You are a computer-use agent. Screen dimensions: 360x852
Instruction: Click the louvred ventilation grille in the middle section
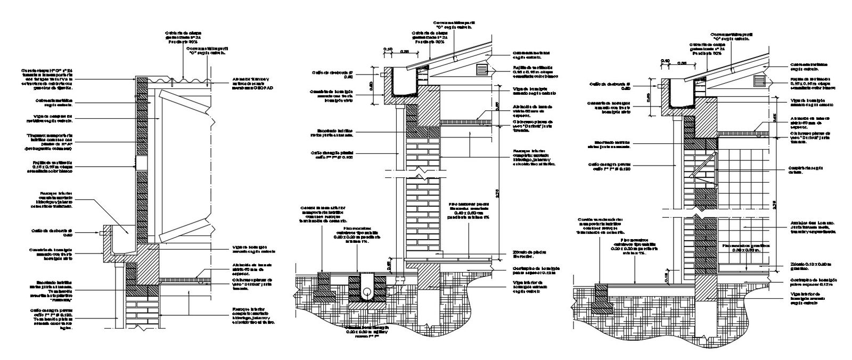(x=482, y=69)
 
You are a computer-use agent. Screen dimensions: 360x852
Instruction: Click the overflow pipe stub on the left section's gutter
(x=102, y=233)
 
